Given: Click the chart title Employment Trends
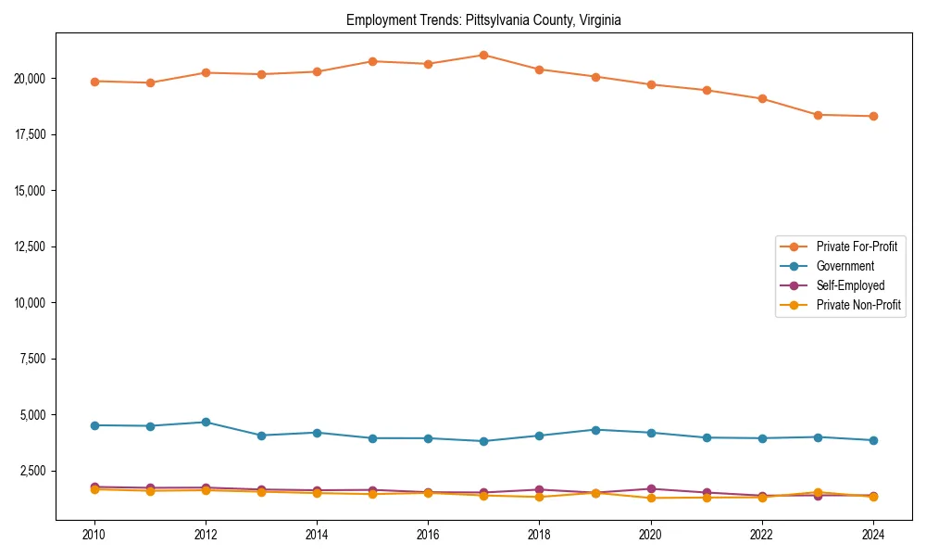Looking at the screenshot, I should [483, 19].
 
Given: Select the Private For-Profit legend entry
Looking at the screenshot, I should [849, 246].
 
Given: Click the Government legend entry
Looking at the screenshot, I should [845, 266].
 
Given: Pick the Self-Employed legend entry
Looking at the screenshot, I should [850, 285].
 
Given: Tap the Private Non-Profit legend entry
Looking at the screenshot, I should [858, 305].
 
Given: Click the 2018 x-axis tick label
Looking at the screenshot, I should [539, 535].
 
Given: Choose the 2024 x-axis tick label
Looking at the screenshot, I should [873, 535].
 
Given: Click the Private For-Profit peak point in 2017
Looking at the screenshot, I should [483, 55].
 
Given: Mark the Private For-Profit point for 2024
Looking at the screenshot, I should [873, 116].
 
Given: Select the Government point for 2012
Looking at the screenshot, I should [206, 422].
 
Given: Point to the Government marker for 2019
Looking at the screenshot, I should [595, 430].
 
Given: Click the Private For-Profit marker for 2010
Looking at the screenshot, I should [94, 82].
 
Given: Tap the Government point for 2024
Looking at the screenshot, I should [873, 440].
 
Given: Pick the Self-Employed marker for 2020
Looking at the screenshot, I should [651, 488].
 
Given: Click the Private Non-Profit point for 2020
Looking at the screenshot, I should [651, 498].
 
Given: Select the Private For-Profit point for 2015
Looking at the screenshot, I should [372, 61].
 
